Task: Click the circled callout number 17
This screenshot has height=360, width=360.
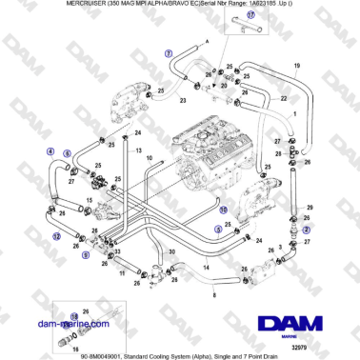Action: pyautogui.click(x=252, y=16)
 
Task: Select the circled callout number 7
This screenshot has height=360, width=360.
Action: pyautogui.click(x=169, y=53)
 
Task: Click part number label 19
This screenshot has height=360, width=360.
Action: pyautogui.click(x=296, y=65)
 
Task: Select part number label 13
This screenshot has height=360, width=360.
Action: pyautogui.click(x=137, y=151)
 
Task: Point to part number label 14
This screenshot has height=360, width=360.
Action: pyautogui.click(x=206, y=270)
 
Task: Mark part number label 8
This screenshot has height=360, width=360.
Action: pyautogui.click(x=214, y=298)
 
